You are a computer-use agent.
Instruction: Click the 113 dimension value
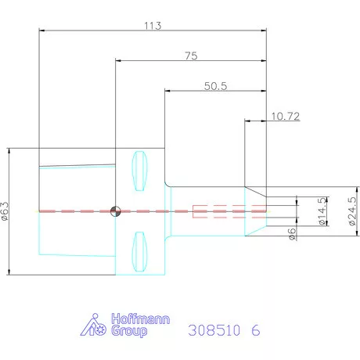pos(153,26)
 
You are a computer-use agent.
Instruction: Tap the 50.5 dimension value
pos(215,86)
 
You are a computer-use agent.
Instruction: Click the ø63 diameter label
pos(5,211)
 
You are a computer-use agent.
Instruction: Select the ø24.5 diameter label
pos(351,211)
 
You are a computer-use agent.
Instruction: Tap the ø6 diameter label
pos(291,234)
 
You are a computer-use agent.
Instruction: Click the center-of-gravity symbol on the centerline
pos(116,210)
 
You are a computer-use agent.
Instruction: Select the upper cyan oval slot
pos(140,171)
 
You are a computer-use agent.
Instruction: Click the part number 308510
pos(214,329)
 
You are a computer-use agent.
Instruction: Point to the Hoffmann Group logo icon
pos(95,326)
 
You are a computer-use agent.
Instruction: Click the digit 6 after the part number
pos(255,329)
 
